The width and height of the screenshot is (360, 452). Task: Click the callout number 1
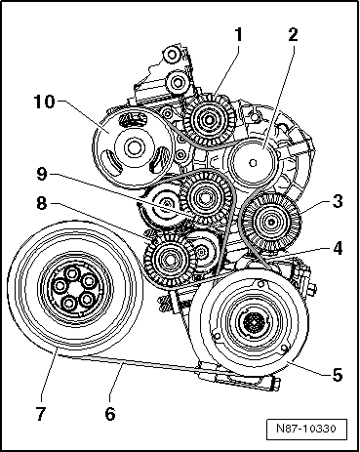[238, 34]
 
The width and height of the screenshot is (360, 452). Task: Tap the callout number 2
[293, 34]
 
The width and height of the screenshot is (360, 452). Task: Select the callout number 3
[338, 201]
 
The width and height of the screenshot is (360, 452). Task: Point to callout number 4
[338, 248]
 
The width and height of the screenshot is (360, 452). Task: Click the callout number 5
[338, 375]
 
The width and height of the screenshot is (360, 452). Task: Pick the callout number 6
[110, 414]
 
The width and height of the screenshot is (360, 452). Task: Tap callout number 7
[40, 414]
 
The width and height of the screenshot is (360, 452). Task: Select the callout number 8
[41, 204]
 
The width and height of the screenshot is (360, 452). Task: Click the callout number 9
[41, 175]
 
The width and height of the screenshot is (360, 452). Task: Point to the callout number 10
[44, 102]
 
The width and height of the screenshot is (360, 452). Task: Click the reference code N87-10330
[306, 429]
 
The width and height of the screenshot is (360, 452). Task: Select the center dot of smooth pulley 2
[254, 162]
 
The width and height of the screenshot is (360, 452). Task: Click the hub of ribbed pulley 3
[271, 223]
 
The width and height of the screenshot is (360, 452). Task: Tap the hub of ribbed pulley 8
[169, 260]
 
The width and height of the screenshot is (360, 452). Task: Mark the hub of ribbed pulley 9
[205, 197]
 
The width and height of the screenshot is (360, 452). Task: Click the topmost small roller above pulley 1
[172, 56]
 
